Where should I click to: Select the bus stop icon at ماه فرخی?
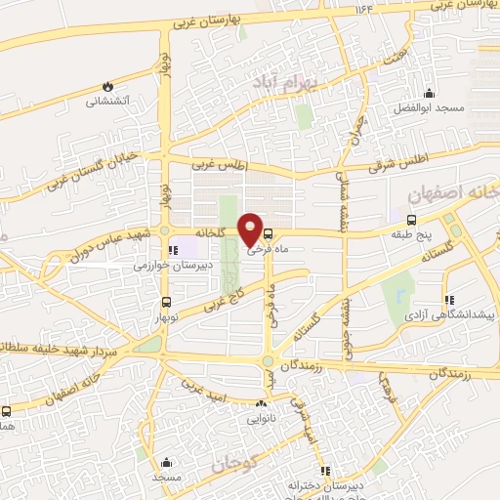tap(269, 233)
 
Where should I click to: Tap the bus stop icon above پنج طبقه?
tap(410, 220)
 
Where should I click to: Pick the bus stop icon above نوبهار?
tap(165, 301)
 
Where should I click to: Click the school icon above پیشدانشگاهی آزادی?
tap(448, 301)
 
